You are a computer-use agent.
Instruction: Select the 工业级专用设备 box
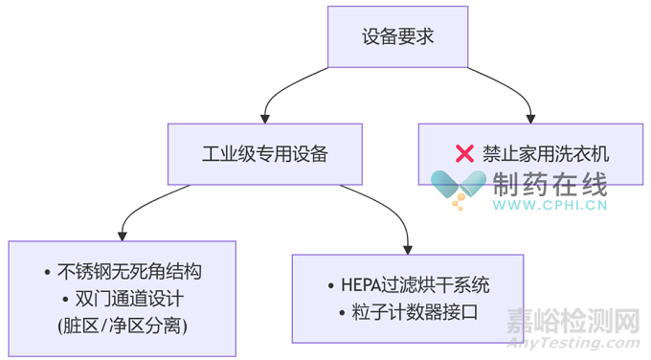[265, 153]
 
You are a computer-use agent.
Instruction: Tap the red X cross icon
[464, 153]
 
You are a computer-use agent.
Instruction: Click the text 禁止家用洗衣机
[545, 153]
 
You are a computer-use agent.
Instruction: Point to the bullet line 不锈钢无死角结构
[123, 272]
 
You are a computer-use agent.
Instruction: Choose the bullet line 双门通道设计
[123, 299]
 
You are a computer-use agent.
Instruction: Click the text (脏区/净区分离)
[123, 326]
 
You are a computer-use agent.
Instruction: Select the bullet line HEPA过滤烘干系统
[408, 285]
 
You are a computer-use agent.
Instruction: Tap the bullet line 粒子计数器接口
[408, 312]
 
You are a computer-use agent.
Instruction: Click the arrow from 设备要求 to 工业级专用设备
[287, 92]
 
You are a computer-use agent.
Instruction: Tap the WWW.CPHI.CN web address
[550, 205]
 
